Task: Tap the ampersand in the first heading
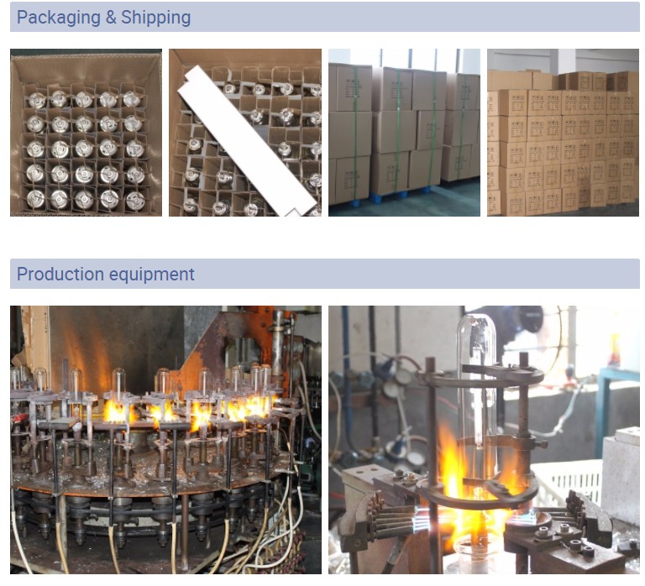pyautogui.click(x=111, y=18)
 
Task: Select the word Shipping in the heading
pyautogui.click(x=156, y=18)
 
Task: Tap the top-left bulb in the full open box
pyautogui.click(x=35, y=101)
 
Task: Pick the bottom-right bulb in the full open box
pyautogui.click(x=134, y=200)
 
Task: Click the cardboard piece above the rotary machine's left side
pyautogui.click(x=37, y=336)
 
